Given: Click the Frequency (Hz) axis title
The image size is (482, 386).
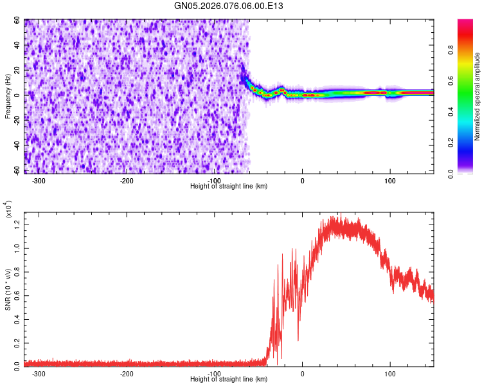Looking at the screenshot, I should (8, 96).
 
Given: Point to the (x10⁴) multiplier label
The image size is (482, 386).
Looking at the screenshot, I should (8, 210).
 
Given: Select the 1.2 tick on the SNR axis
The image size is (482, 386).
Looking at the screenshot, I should (17, 223).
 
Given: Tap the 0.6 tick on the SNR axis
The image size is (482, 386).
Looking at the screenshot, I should (17, 294).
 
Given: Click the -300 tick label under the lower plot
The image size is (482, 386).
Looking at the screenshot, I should (39, 373).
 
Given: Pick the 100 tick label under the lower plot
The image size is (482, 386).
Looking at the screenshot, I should (389, 373).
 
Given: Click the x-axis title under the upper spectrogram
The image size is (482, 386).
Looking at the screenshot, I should (229, 186).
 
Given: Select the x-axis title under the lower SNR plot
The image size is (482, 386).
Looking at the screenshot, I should (229, 380).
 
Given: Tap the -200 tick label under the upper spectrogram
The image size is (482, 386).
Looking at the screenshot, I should (127, 180).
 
